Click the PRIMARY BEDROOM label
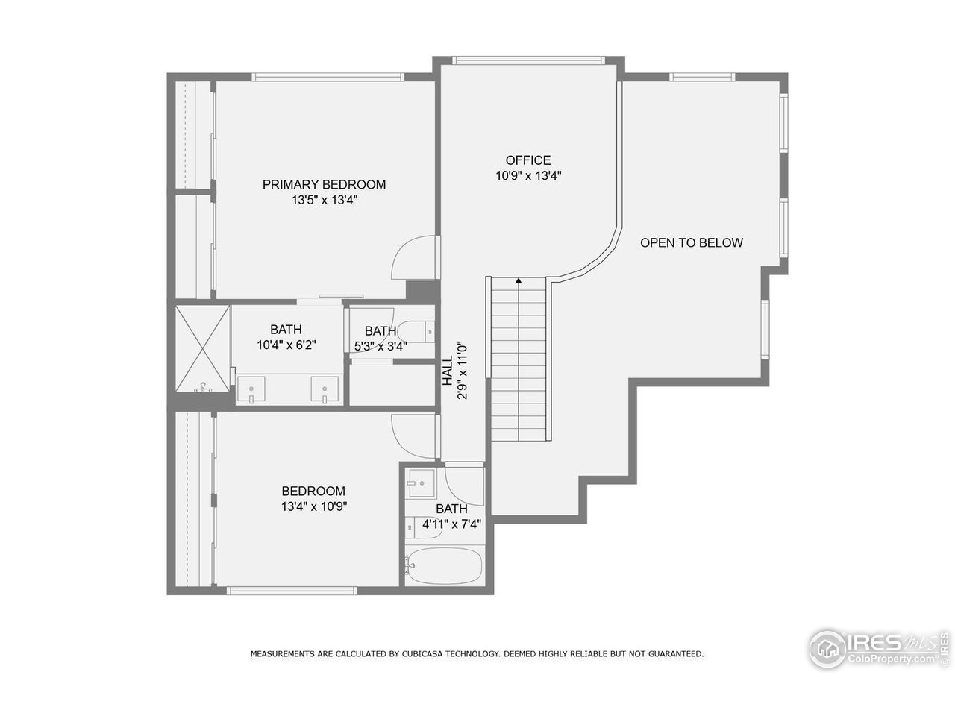click(x=324, y=184)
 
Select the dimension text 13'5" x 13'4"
click(x=324, y=201)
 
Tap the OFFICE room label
click(x=527, y=160)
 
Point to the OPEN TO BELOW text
click(x=691, y=242)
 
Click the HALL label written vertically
click(x=447, y=371)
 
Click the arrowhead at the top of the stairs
click(x=519, y=281)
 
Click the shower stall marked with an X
click(x=202, y=349)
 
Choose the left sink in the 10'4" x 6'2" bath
click(x=253, y=390)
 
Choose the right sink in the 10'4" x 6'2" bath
click(x=325, y=390)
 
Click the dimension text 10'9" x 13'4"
click(x=527, y=176)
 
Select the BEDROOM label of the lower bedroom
click(x=313, y=491)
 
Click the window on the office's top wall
click(x=527, y=60)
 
